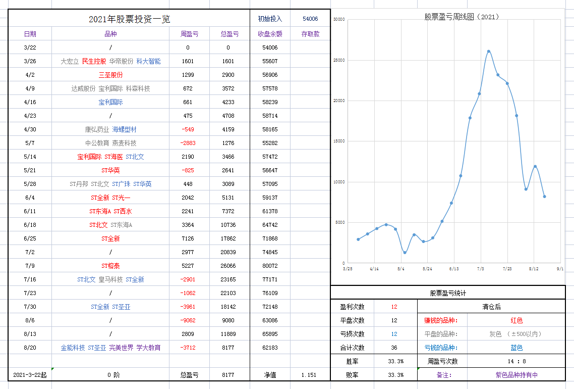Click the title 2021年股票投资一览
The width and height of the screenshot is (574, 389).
[129, 19]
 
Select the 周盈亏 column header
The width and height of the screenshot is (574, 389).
[190, 34]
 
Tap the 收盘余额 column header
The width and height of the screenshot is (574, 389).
[270, 34]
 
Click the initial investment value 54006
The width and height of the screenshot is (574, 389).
[310, 19]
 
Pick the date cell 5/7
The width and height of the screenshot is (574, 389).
[30, 143]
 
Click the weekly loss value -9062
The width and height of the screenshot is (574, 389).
[188, 320]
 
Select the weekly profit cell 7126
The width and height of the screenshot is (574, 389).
[188, 238]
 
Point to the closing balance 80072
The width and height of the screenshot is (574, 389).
[270, 266]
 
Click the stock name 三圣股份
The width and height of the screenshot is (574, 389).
[110, 75]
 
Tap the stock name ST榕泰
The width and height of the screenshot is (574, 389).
[110, 266]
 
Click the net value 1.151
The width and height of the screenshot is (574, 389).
[309, 375]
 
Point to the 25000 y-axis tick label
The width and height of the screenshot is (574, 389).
[339, 60]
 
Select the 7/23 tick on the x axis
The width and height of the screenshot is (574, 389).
[507, 269]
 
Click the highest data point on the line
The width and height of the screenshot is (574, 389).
[488, 51]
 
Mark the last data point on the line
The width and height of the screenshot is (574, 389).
[545, 197]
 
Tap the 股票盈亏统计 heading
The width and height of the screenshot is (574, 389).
[448, 293]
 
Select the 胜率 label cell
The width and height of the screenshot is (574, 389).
[353, 361]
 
